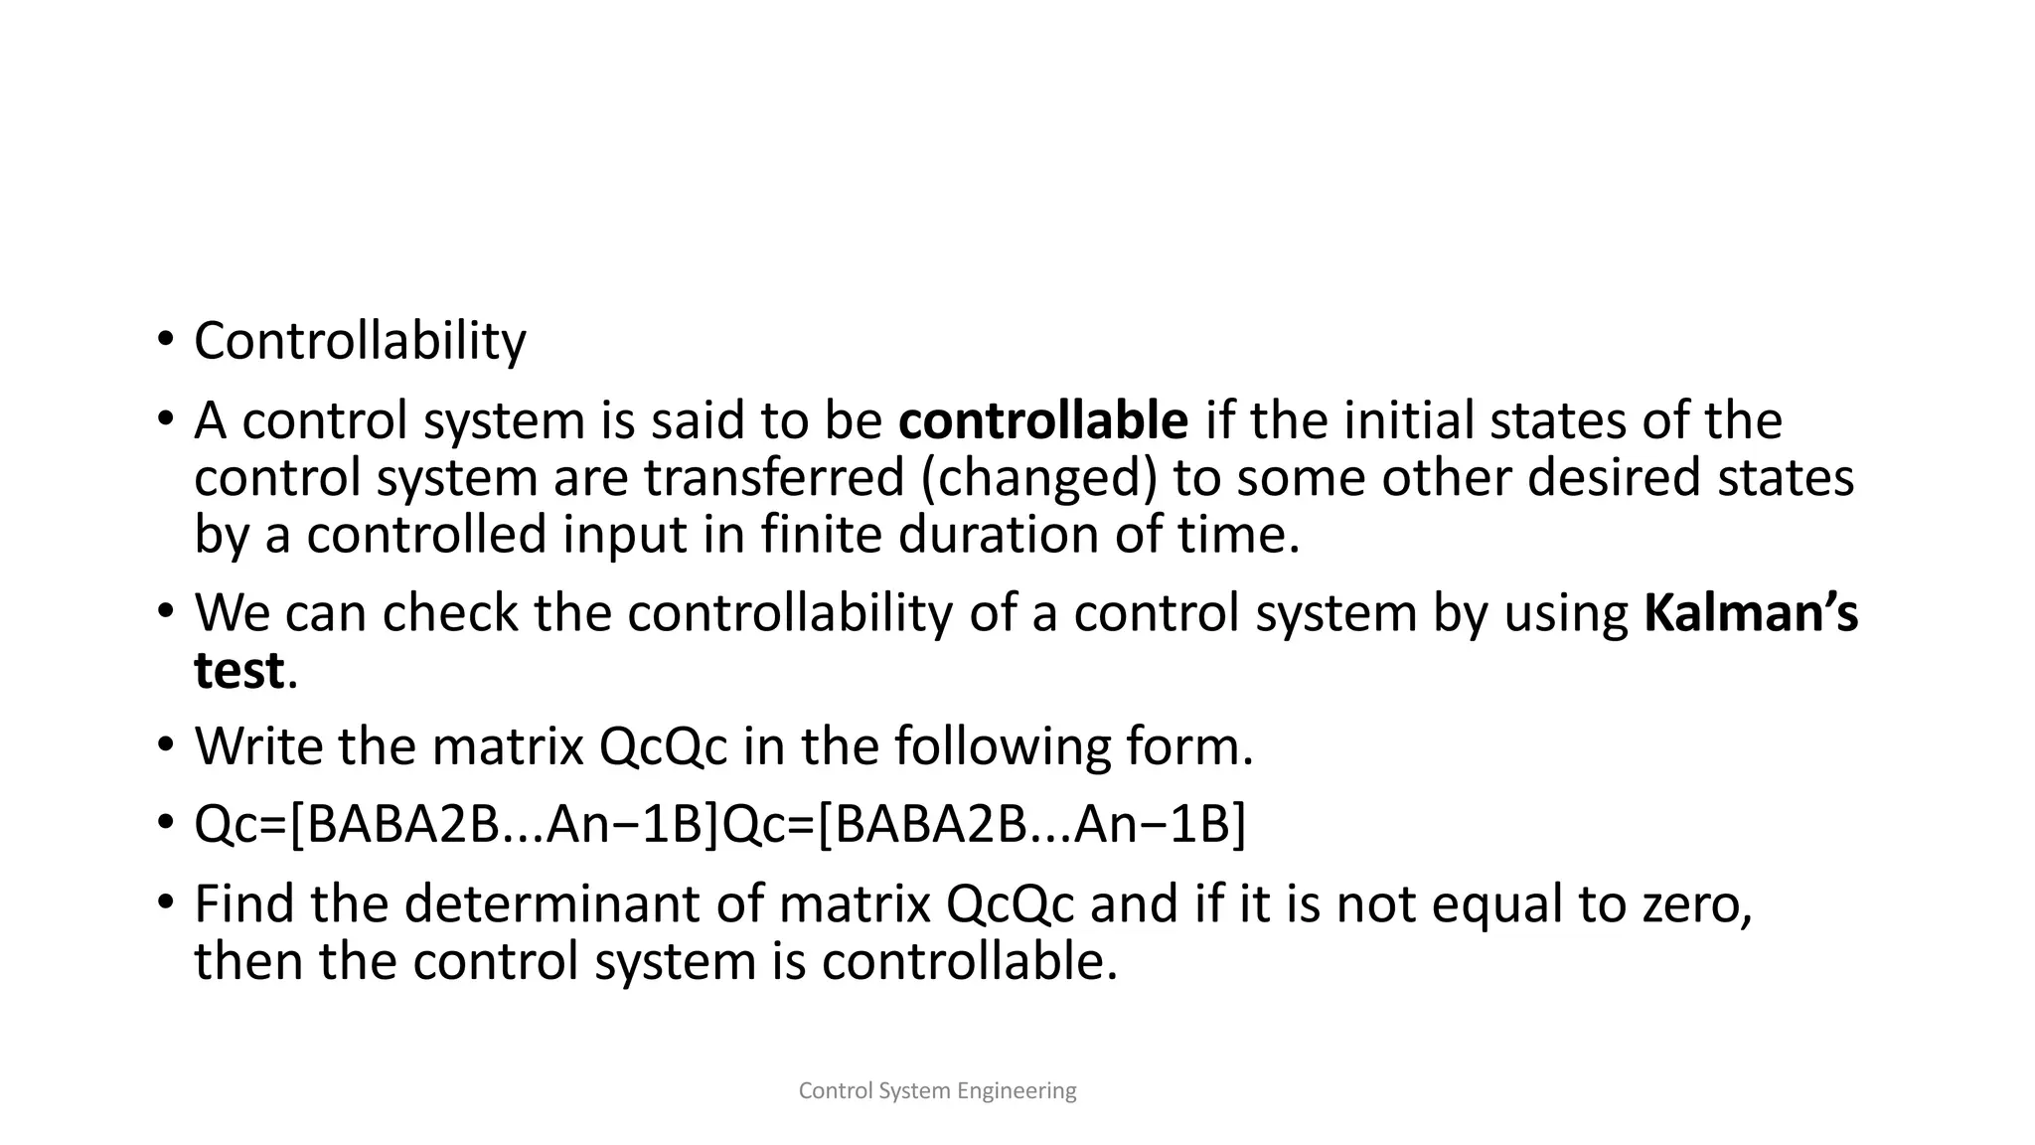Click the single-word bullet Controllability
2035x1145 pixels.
[x=360, y=342]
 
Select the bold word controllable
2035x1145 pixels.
[x=1042, y=420]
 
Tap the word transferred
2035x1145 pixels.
[x=773, y=477]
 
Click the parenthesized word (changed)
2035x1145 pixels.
[x=1038, y=477]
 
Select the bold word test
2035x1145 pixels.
[x=238, y=670]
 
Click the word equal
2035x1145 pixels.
[x=1497, y=903]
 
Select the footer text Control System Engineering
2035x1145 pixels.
[x=937, y=1091]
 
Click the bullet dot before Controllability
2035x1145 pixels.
[x=164, y=342]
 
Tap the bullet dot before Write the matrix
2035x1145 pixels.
[x=164, y=746]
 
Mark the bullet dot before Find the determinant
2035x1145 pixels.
[x=164, y=903]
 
